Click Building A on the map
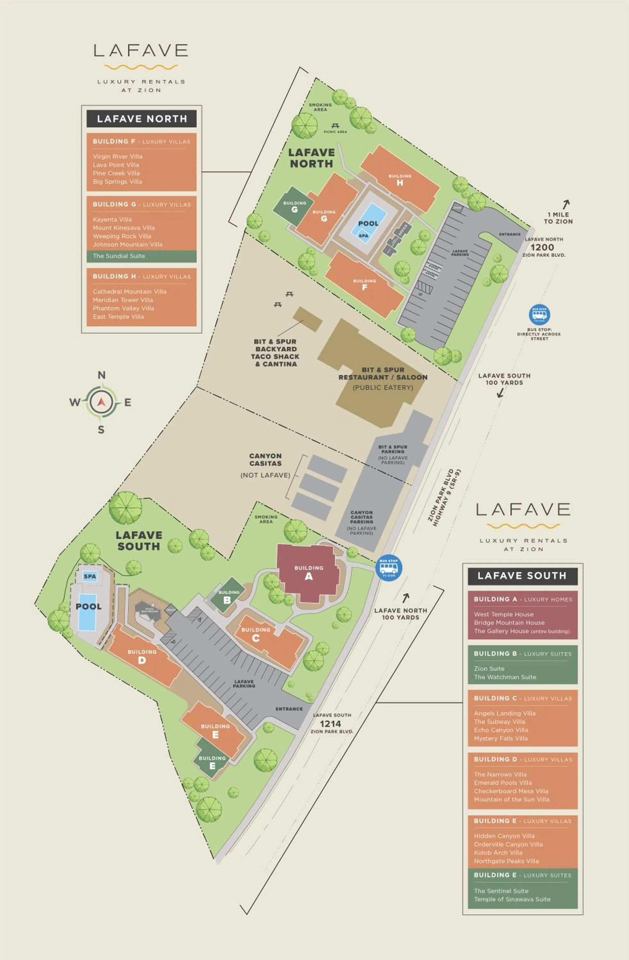point(308,573)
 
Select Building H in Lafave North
point(399,180)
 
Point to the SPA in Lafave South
point(90,576)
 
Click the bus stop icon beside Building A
point(388,567)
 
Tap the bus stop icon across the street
point(539,315)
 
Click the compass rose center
point(101,402)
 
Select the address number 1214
point(330,724)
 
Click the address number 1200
point(542,247)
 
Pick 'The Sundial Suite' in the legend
point(119,256)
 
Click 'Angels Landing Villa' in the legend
point(505,713)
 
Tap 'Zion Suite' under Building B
point(489,668)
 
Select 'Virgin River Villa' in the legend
point(118,156)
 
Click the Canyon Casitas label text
point(265,460)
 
